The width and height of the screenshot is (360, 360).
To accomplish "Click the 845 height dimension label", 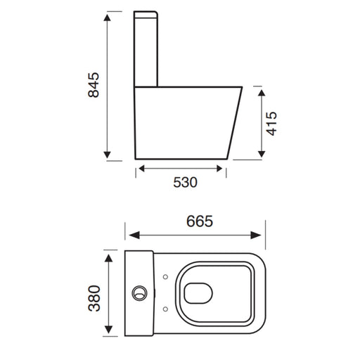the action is point(94,85).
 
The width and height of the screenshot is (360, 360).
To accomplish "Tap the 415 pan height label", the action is point(271,124).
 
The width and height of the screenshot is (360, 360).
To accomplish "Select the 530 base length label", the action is point(185,182).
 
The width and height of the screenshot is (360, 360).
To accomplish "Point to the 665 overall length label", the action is point(200,221).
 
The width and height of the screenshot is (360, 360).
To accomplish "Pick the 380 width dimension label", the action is point(94,298).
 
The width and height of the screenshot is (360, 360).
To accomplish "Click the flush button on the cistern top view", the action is point(139,293).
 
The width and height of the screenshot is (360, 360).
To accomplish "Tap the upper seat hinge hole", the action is point(165,277).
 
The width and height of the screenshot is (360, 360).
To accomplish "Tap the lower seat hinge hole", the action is point(165,309).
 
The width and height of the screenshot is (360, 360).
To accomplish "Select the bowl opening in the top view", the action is point(198,293).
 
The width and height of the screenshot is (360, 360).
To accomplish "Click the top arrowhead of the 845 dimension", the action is point(107,18).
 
